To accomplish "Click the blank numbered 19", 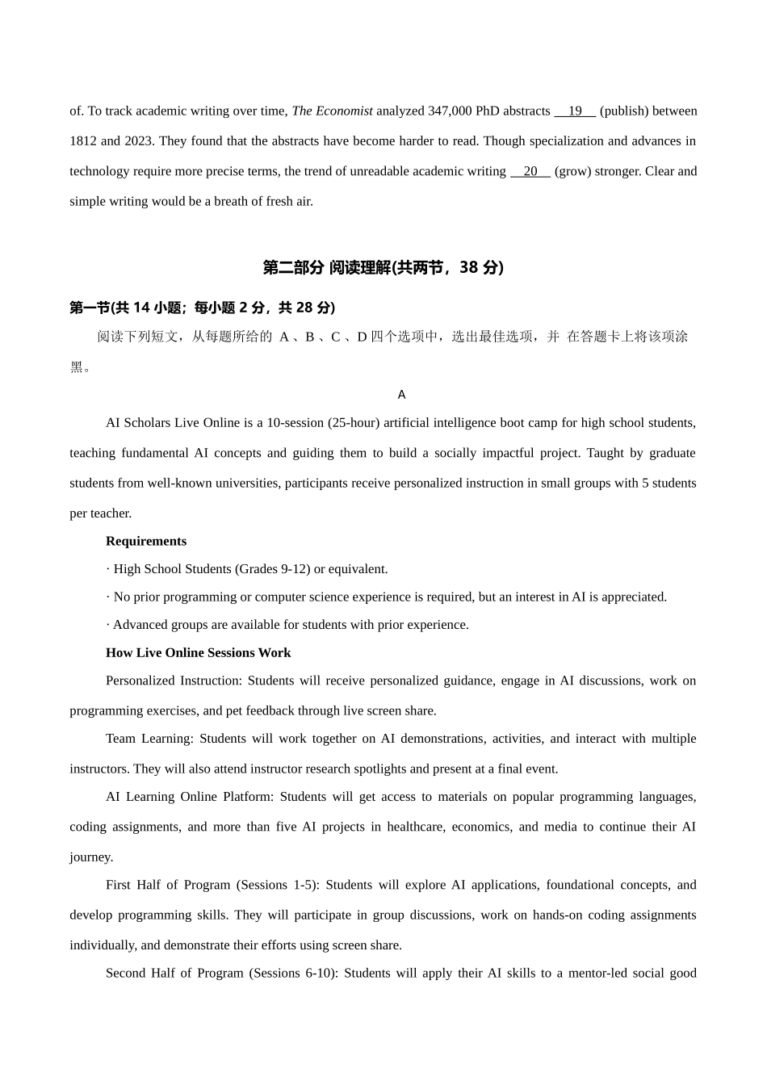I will [575, 111].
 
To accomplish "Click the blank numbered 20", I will [530, 171].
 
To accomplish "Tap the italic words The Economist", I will [332, 111].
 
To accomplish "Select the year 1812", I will [83, 141].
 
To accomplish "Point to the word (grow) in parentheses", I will [573, 171].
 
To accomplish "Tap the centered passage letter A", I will [401, 395].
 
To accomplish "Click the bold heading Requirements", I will [146, 542].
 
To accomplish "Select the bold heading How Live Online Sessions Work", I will [198, 653].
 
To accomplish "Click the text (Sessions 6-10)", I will [292, 974].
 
